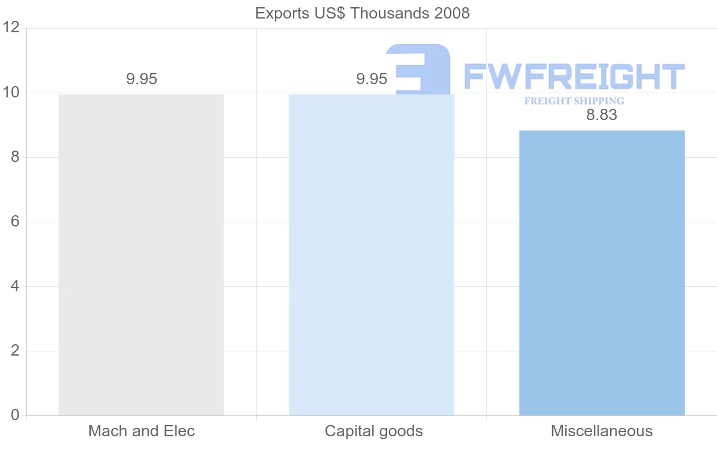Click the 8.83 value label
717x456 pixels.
(x=601, y=115)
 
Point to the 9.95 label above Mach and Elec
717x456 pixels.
(x=142, y=79)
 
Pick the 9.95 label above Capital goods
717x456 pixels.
(x=372, y=79)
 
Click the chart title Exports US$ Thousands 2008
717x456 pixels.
(x=362, y=13)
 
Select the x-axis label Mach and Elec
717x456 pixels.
(x=142, y=431)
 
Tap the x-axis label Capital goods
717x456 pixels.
(x=373, y=431)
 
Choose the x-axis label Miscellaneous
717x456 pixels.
(x=602, y=431)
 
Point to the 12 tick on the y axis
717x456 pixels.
(x=11, y=28)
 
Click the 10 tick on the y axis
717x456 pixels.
(x=11, y=93)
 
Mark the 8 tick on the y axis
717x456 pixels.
(x=15, y=157)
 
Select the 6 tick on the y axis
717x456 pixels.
(x=15, y=222)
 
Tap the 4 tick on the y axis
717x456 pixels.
(x=15, y=286)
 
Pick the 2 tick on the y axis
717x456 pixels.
(x=15, y=351)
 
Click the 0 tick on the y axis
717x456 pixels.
(x=15, y=415)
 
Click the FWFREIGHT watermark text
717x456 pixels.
(x=574, y=76)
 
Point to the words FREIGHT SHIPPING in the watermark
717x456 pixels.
(x=574, y=101)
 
